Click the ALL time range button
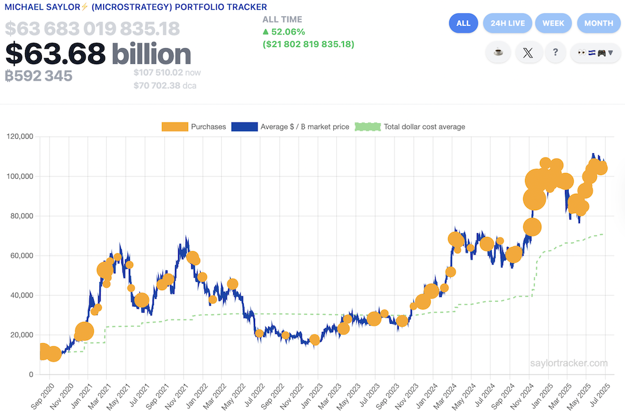[x=463, y=23]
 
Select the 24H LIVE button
[x=507, y=23]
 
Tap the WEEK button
[x=553, y=23]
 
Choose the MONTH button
[x=598, y=23]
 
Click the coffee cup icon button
[x=498, y=53]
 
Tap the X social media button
[x=528, y=53]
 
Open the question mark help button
[x=555, y=53]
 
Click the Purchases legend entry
[x=194, y=127]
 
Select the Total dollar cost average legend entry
[x=410, y=127]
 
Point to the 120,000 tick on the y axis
[x=20, y=136]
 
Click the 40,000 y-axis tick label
[x=22, y=295]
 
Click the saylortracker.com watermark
[x=568, y=363]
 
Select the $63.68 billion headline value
[x=98, y=54]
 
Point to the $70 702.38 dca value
[x=164, y=86]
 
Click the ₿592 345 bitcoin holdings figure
[x=39, y=76]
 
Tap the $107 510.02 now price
[x=166, y=73]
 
